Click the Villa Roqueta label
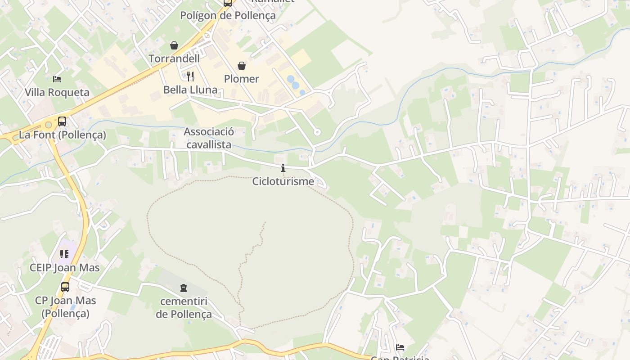pos(57,92)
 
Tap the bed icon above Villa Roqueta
pos(57,79)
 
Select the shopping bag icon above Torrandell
pos(174,45)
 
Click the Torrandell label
pos(174,58)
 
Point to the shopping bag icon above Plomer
pos(242,66)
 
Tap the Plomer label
pos(242,79)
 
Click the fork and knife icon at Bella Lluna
pos(190,76)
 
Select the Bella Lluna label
pos(190,90)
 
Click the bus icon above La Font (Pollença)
pos(62,121)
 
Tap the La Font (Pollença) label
pos(63,135)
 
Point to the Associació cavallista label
pos(209,138)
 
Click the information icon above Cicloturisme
pos(283,168)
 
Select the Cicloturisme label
pos(283,181)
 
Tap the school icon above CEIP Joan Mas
pos(64,254)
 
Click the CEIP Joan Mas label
pos(65,268)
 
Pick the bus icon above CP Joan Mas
pos(65,287)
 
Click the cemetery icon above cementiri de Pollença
pos(184,288)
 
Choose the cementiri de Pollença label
pos(184,307)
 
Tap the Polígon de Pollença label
pos(228,15)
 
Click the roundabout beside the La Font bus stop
pos(48,125)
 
